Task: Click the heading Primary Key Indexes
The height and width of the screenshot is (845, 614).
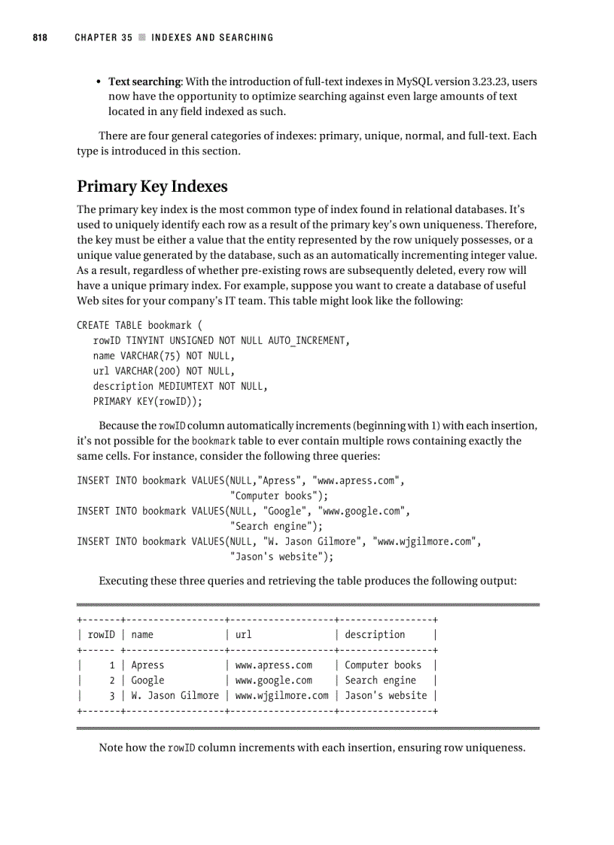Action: coord(152,186)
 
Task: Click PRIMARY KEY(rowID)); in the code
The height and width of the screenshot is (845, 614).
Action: coord(148,401)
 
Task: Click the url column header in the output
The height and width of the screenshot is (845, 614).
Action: coord(243,635)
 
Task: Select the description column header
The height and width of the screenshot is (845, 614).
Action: coord(375,635)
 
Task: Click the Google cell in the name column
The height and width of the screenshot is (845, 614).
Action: coord(147,680)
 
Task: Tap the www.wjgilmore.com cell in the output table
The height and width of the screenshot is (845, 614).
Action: coord(282,695)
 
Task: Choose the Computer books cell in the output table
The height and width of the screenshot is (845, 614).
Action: coord(383,665)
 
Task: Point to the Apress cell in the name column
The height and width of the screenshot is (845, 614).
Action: coord(147,665)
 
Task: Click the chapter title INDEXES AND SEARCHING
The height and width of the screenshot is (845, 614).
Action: coord(212,38)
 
